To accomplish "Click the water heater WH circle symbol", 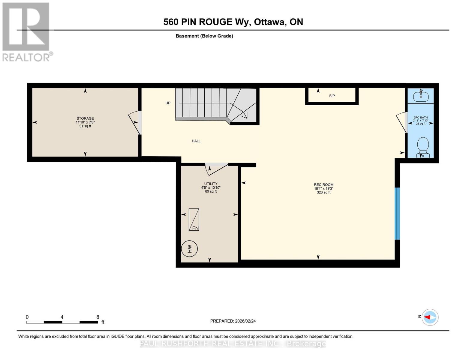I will click(x=189, y=249).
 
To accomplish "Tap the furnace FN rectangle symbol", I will click(x=194, y=220).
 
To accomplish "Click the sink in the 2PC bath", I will click(x=421, y=96).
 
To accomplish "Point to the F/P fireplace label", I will click(x=332, y=96).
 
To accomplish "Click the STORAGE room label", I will click(x=85, y=118).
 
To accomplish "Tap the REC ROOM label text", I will click(x=323, y=185).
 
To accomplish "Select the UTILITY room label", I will click(x=211, y=184).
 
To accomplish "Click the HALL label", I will click(x=196, y=141).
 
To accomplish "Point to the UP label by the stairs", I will click(x=168, y=103).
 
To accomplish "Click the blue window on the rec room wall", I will click(x=397, y=213).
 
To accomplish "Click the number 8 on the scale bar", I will click(x=98, y=317).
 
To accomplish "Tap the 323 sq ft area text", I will click(x=323, y=192).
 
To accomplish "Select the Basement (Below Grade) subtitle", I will click(x=204, y=36).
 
